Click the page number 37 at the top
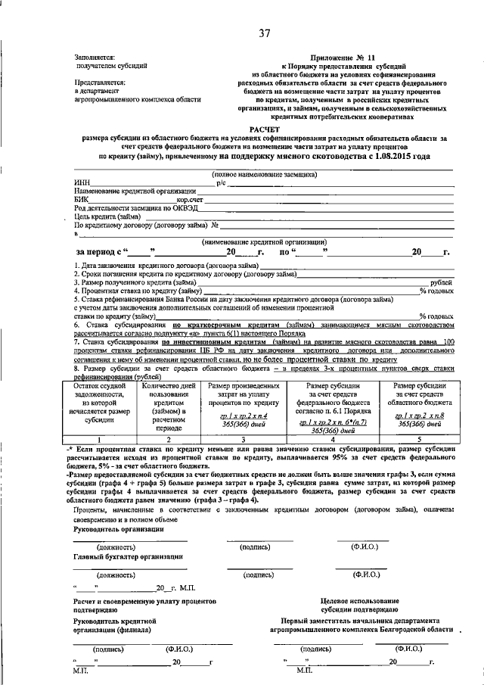click(264, 33)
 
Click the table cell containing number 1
click(104, 439)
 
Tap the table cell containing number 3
click(240, 439)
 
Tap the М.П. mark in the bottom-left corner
click(80, 671)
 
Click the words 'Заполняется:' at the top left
click(94, 57)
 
